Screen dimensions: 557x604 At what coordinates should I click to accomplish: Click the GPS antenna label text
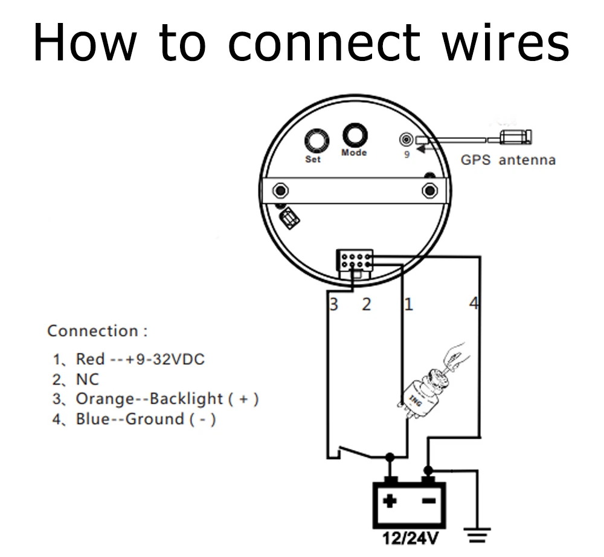tap(508, 160)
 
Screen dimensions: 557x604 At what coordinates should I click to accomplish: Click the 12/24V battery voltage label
tap(409, 537)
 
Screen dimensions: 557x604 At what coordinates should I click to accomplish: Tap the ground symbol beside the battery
tap(477, 534)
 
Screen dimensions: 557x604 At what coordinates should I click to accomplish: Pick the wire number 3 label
tap(333, 304)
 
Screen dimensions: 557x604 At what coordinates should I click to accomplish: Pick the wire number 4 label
tap(474, 304)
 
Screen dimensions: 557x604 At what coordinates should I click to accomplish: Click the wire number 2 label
tap(366, 304)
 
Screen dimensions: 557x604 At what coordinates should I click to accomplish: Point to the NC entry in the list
tap(87, 379)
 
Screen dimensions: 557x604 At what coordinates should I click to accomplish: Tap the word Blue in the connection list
tap(91, 419)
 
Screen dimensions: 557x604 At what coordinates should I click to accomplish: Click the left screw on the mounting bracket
tap(280, 191)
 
